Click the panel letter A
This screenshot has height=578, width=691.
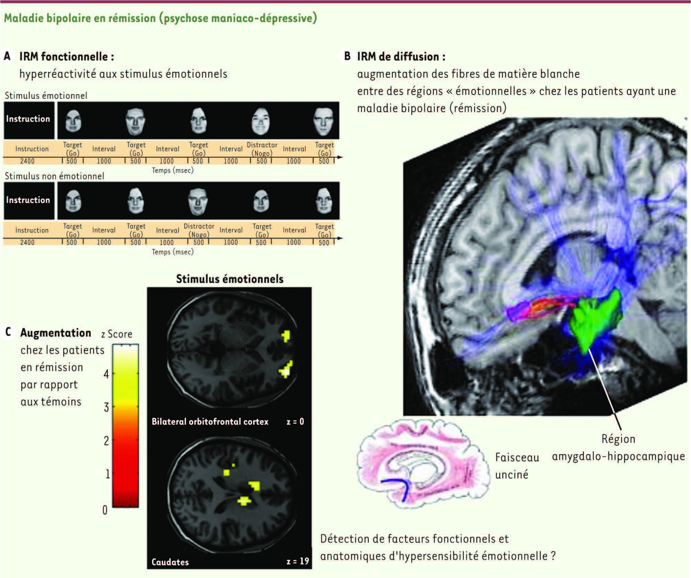tap(7, 56)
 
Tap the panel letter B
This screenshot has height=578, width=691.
tap(347, 56)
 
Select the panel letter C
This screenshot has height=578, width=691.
tap(8, 332)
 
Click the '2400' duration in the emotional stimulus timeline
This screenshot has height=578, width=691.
tap(27, 161)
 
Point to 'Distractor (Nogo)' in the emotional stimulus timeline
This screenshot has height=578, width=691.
tap(262, 149)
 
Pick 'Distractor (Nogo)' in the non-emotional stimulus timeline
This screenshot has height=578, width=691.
tap(199, 231)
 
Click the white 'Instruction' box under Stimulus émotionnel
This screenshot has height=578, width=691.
tap(28, 119)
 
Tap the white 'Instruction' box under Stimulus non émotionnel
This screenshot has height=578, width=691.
tap(28, 200)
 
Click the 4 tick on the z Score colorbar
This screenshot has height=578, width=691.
tap(107, 374)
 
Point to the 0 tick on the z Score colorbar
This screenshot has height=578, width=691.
tap(105, 510)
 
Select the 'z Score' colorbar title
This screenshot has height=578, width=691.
tap(117, 334)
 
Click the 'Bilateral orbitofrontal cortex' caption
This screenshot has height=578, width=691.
tap(210, 422)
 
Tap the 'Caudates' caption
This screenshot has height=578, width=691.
tap(170, 562)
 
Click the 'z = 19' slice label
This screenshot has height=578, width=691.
tap(298, 561)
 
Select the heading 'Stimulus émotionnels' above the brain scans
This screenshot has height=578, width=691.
tap(230, 279)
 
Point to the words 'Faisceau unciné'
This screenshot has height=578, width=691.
tap(517, 466)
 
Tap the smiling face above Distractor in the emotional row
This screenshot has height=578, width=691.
tap(261, 121)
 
